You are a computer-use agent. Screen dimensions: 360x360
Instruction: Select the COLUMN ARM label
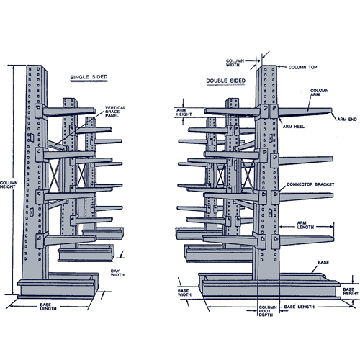tap(320, 94)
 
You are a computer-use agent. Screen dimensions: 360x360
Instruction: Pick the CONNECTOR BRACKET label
tap(310, 184)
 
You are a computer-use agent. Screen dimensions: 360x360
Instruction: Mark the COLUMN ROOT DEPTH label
tap(267, 312)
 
